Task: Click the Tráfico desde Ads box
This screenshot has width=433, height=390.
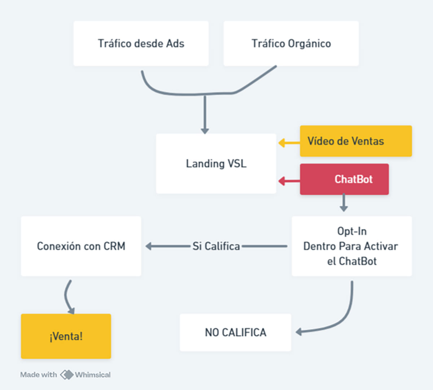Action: (x=141, y=43)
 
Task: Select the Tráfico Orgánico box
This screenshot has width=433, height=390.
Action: (x=291, y=43)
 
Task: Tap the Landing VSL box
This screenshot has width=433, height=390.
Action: (x=216, y=164)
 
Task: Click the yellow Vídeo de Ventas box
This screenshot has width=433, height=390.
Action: (x=356, y=141)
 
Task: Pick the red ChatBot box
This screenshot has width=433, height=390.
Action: (x=344, y=179)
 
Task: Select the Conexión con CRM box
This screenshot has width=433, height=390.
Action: (x=81, y=246)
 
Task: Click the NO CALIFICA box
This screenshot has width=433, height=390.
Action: (x=236, y=332)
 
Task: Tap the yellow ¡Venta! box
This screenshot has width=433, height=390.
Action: (x=66, y=336)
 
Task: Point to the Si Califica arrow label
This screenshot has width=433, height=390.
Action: (x=216, y=246)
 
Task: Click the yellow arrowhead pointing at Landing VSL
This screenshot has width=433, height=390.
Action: (x=281, y=143)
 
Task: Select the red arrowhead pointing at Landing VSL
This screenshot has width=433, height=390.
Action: (x=281, y=181)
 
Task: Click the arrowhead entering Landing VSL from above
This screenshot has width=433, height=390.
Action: (x=205, y=131)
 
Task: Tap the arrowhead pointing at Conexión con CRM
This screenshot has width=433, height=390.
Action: (x=149, y=246)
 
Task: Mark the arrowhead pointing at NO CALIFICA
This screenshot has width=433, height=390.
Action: (x=298, y=331)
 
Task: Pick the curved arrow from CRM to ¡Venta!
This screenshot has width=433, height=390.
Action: (x=67, y=297)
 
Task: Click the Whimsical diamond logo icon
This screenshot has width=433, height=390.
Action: (x=67, y=375)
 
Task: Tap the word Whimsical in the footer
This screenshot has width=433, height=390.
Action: (x=93, y=375)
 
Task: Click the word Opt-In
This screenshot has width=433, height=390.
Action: (x=352, y=231)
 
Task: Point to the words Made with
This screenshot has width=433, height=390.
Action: (x=39, y=375)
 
